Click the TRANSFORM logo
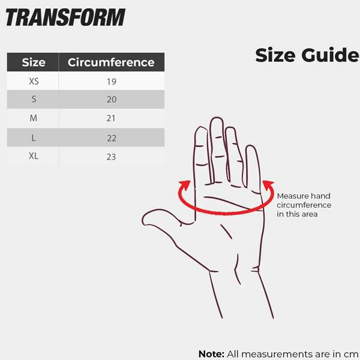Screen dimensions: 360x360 (65, 17)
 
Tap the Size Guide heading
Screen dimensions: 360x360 (307, 55)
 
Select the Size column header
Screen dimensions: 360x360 (34, 62)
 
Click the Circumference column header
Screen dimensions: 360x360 (111, 62)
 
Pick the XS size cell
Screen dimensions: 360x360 (34, 81)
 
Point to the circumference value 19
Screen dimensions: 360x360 (112, 82)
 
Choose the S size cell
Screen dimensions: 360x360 (34, 99)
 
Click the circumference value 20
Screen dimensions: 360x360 (112, 100)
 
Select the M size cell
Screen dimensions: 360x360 (33, 118)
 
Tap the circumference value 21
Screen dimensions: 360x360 (111, 118)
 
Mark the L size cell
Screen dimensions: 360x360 (34, 138)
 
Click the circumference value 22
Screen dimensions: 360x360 (112, 138)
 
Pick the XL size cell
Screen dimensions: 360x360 (34, 156)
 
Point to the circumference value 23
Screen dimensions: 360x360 (111, 157)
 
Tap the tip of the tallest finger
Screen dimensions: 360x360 (217, 118)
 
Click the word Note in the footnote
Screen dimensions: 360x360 (211, 354)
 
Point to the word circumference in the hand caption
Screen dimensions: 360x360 (304, 205)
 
